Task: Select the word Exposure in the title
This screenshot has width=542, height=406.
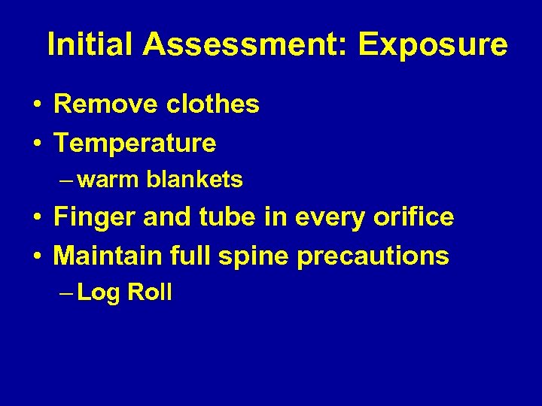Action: [x=433, y=45]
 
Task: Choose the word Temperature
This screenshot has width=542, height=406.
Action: [x=135, y=142]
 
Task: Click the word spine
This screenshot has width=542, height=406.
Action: [x=256, y=256]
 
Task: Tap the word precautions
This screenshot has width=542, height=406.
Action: [x=373, y=256]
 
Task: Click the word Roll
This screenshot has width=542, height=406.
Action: [x=150, y=292]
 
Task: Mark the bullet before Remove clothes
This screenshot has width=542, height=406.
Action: [x=36, y=105]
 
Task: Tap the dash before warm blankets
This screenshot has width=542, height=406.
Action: [x=65, y=180]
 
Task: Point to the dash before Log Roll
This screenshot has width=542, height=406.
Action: [x=65, y=292]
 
